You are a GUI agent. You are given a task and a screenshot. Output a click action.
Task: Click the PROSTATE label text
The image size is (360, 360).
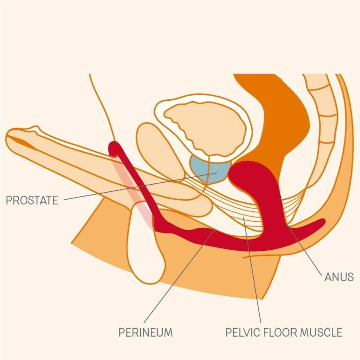click(32, 200)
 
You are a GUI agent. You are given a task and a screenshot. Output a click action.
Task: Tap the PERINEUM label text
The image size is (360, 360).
click(145, 332)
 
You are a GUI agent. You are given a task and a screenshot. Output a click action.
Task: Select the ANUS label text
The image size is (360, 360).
click(339, 277)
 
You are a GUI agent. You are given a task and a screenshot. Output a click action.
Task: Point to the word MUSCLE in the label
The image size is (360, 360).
click(322, 332)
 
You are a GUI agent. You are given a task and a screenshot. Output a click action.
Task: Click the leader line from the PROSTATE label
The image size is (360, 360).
click(140, 186)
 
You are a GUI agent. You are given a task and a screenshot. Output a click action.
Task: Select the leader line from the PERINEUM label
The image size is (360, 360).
click(180, 276)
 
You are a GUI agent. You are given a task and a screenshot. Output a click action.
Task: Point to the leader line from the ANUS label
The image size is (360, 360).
click(305, 251)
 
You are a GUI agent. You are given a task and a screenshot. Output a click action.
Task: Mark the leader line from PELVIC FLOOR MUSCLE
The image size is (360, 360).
click(252, 270)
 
